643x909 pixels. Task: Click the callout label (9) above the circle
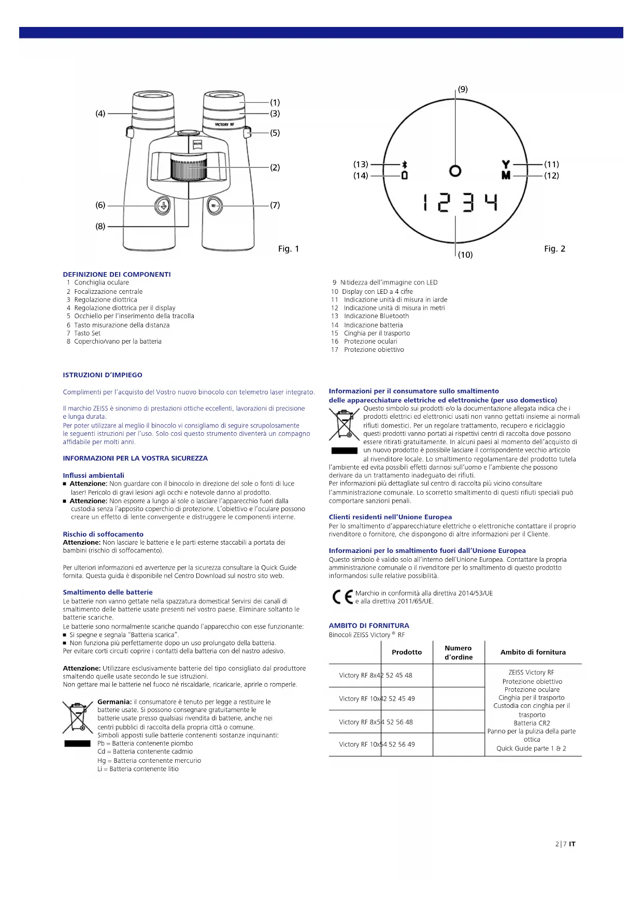pos(463,89)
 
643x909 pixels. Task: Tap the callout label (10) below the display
pos(465,254)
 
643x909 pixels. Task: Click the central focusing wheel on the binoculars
pos(189,168)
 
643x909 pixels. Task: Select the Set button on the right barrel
pos(215,206)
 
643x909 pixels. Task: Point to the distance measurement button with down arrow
pos(162,206)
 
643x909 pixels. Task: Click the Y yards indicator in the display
pos(506,164)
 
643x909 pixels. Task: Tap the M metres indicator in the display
pos(506,176)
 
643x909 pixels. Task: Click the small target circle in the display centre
pos(455,171)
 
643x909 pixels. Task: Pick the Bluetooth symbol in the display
pos(405,164)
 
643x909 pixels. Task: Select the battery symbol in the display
pos(405,176)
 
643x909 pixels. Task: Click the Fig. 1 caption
pos(289,249)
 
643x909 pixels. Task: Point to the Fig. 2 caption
pos(554,249)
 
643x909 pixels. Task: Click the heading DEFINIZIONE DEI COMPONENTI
pos(117,274)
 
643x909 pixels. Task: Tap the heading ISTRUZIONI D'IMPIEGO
pos(103,375)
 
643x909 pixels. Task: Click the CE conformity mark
pos(342,597)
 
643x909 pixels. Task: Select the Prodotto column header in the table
pos(407,652)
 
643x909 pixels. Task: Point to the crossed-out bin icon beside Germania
pos(78,717)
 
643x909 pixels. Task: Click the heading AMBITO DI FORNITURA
pos(369,626)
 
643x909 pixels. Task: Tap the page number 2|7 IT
pos(565,844)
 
